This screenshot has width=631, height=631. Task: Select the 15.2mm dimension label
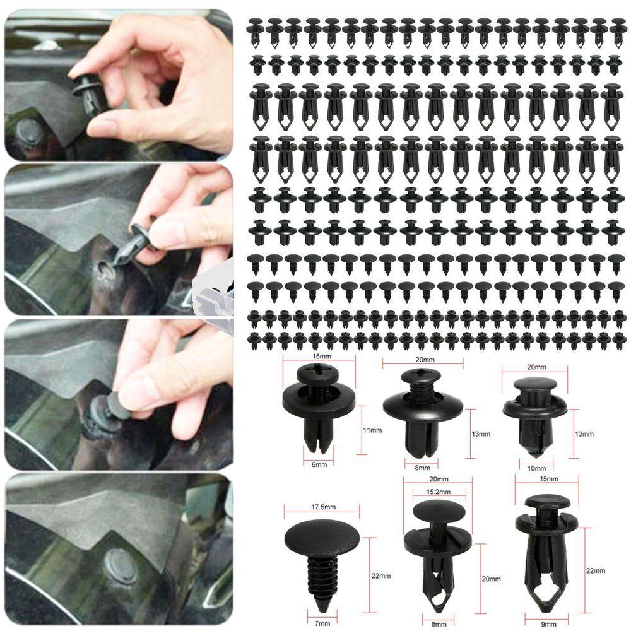click(x=428, y=490)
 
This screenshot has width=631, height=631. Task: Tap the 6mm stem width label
click(x=319, y=465)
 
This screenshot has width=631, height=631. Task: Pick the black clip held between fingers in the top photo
click(x=88, y=94)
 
